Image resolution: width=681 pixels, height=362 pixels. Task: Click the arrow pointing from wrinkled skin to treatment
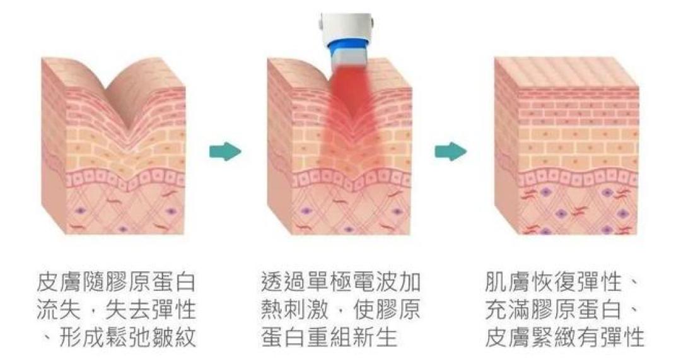click(x=224, y=151)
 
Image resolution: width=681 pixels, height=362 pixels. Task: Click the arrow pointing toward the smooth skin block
click(x=450, y=151)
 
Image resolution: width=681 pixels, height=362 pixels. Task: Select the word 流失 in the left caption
click(x=59, y=310)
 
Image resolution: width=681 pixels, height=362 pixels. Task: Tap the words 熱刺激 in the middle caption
click(x=296, y=310)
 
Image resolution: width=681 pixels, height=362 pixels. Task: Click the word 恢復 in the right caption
click(x=553, y=282)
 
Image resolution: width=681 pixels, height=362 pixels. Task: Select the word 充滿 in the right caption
click(x=507, y=310)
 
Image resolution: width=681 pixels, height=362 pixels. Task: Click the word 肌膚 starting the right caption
click(x=507, y=282)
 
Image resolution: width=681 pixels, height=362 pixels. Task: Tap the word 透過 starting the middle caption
click(x=284, y=282)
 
